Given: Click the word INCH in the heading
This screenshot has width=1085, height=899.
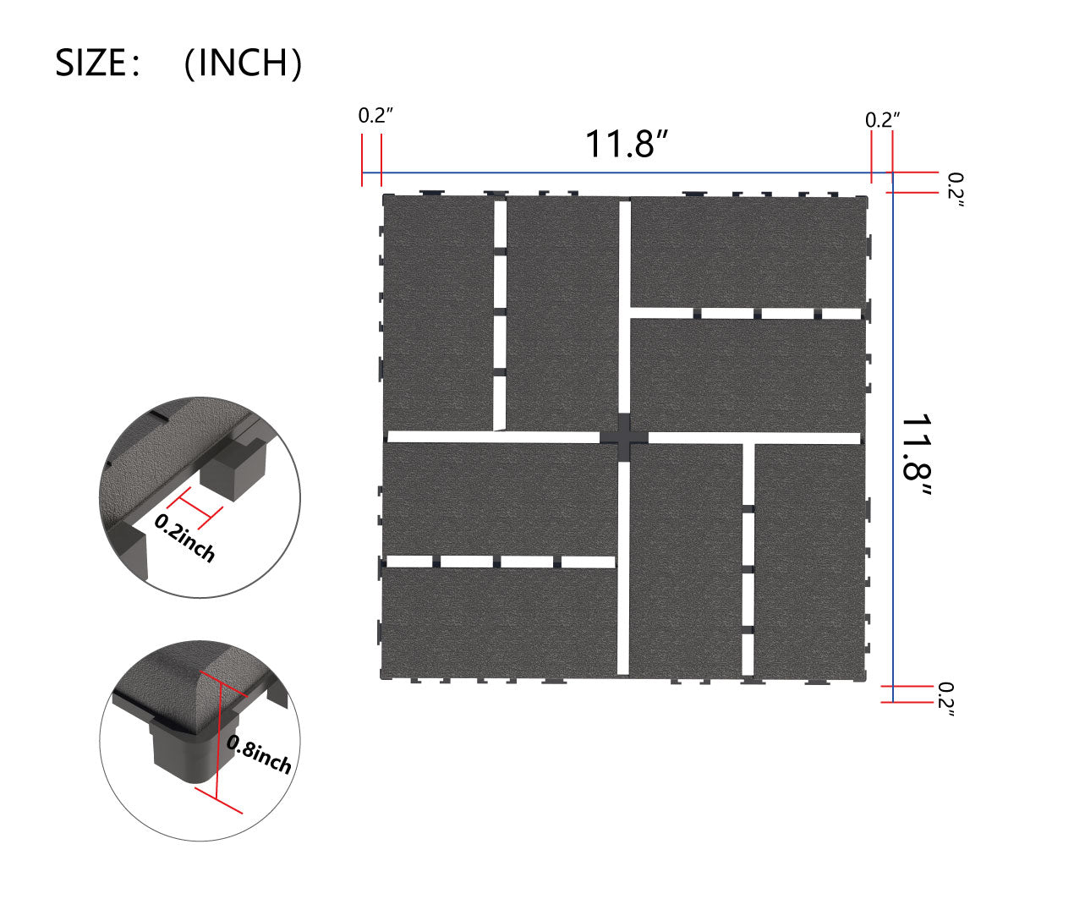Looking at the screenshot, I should point(243,63).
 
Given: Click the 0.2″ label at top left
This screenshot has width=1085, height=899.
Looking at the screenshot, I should point(375,117).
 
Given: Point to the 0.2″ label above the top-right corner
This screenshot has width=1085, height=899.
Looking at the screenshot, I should point(882,120).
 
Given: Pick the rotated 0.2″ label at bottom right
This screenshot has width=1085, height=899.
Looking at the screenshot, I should point(946,699).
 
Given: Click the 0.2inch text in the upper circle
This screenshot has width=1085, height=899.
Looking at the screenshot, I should point(185,538).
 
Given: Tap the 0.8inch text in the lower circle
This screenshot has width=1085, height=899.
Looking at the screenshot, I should point(260,755).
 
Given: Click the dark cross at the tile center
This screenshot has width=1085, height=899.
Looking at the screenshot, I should point(624,437).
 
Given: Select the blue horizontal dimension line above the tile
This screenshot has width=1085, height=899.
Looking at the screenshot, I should point(626,173).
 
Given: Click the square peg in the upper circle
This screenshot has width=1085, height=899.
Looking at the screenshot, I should point(237,469).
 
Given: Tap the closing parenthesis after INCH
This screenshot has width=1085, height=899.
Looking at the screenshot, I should point(295,63).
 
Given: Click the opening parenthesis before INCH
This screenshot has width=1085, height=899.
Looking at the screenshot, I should point(190,63).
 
